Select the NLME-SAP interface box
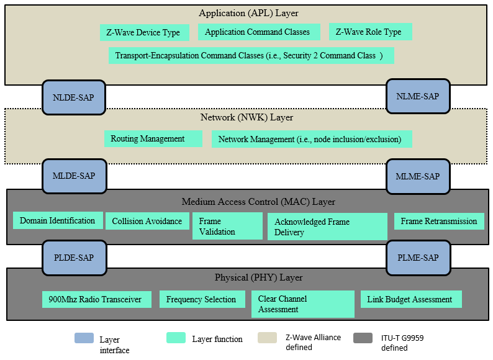417,97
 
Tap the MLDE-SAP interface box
73,176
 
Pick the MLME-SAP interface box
417,176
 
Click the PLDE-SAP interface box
73,258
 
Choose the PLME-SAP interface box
417,258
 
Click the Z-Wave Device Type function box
143,32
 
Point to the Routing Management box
153,139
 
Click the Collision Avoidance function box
147,221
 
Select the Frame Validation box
227,226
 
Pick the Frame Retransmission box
438,221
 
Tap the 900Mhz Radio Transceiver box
95,299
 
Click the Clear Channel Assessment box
302,304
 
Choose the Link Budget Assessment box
410,299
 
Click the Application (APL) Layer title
248,13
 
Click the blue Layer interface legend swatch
84,338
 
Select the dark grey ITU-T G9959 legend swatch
363,338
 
